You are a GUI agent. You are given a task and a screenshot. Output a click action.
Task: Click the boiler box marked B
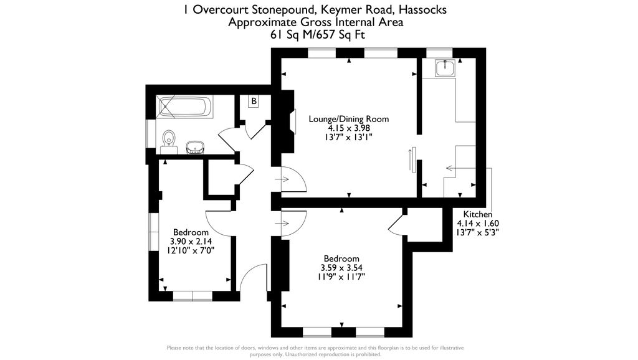tap(254, 102)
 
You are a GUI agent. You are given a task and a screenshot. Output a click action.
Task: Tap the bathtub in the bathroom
tap(185, 107)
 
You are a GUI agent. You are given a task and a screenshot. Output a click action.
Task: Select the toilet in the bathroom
tap(168, 142)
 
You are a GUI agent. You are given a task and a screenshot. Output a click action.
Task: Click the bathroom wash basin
tap(195, 148)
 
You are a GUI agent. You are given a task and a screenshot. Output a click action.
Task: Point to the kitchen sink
tap(445, 68)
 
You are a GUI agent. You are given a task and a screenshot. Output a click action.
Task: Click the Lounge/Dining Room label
tap(349, 119)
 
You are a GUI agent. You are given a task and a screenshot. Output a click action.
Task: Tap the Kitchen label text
tap(478, 214)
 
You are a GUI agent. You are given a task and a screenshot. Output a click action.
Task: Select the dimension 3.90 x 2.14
tap(191, 241)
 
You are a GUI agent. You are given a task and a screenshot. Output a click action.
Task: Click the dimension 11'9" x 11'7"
tap(341, 277)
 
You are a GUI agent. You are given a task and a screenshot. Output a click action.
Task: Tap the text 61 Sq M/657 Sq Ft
tap(318, 35)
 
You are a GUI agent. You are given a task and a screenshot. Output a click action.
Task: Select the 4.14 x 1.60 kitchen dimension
tap(478, 224)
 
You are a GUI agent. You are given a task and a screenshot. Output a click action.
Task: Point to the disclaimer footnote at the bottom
tap(315, 351)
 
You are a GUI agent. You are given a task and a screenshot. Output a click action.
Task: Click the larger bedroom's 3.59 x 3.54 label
tap(341, 268)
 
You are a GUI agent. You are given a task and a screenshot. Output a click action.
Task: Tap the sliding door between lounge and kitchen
tap(414, 159)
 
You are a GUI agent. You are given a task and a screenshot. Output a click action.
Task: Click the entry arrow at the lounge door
tap(282, 179)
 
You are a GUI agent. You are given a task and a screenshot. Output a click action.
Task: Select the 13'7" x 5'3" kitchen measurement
tap(478, 232)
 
